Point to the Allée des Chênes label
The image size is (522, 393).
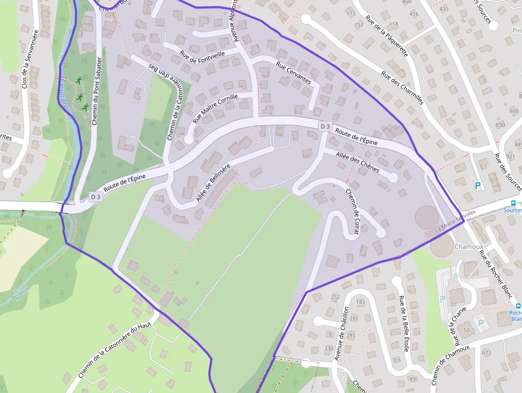point(357,162)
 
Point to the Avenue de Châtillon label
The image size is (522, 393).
point(341,333)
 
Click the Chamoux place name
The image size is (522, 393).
point(468,247)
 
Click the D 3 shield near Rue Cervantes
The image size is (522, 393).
point(325,126)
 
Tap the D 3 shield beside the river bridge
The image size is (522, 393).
point(95,197)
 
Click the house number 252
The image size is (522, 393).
point(335,296)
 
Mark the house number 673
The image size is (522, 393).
point(486,352)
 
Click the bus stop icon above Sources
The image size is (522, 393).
point(513,203)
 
